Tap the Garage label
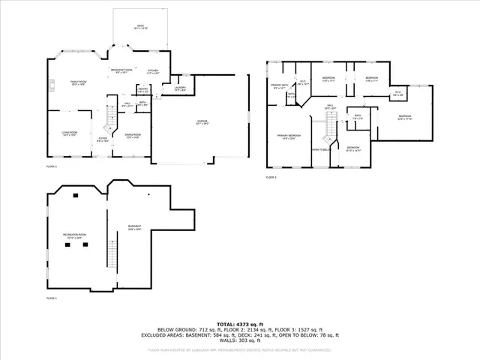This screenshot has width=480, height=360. pyautogui.click(x=202, y=121)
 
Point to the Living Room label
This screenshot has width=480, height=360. pyautogui.click(x=70, y=133)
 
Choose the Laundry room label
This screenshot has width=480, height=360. pyautogui.click(x=180, y=89)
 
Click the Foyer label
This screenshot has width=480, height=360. pyautogui.click(x=102, y=140)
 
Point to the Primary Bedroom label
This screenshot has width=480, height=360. pyautogui.click(x=287, y=137)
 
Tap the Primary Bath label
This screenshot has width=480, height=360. pyautogui.click(x=280, y=87)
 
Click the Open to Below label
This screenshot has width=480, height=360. pyautogui.click(x=321, y=149)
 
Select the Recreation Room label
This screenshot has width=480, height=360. pyautogui.click(x=74, y=236)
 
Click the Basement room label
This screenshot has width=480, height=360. pyautogui.click(x=135, y=229)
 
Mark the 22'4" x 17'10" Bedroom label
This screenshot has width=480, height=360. pyautogui.click(x=405, y=117)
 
